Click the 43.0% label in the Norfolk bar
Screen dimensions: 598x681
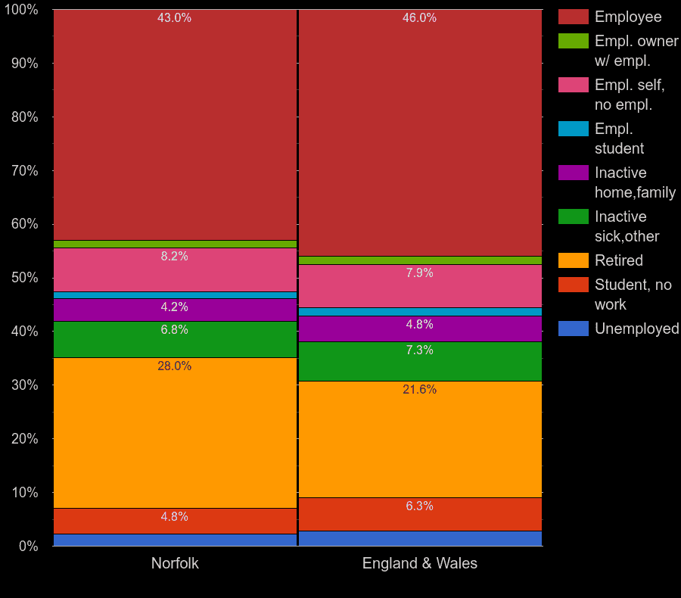(174, 17)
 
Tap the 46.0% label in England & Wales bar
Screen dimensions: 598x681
(419, 17)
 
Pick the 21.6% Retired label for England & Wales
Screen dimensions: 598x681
(419, 389)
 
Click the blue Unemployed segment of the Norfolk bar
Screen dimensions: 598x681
(175, 540)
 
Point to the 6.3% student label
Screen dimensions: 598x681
(419, 506)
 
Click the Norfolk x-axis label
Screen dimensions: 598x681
(175, 563)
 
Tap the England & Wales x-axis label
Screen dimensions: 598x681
(419, 563)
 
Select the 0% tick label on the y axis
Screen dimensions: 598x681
(28, 546)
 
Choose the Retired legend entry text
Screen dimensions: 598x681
(618, 260)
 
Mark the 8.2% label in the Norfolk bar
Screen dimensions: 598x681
(174, 256)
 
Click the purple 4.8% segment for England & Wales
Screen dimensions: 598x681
(419, 329)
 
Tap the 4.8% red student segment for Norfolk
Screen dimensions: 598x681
(175, 521)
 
